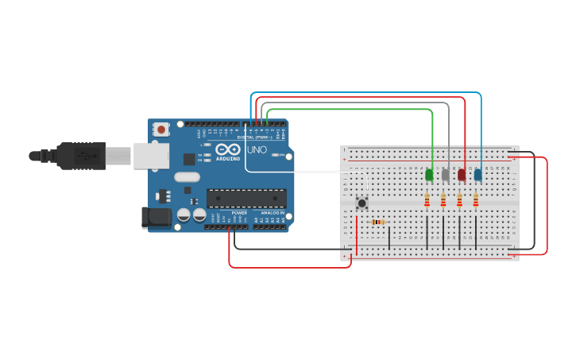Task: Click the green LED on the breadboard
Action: point(429,175)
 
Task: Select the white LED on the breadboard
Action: point(446,175)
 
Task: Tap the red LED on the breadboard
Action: point(462,175)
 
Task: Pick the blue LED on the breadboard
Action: point(477,175)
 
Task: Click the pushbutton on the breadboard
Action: point(362,203)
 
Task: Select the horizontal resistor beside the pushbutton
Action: point(379,222)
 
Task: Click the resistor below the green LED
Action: point(427,200)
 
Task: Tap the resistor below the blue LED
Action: point(476,200)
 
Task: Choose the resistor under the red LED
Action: point(459,200)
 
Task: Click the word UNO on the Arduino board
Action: point(257,149)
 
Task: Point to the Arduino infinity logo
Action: point(227,149)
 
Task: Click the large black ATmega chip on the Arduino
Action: point(246,198)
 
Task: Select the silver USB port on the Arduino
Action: point(151,156)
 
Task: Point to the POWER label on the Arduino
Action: point(239,214)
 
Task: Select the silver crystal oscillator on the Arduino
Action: point(187,177)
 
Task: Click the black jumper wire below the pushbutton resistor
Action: point(389,238)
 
